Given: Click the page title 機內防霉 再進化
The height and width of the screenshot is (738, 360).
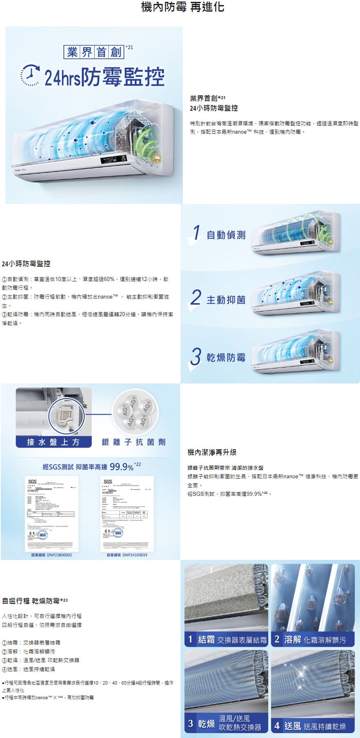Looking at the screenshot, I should [x=182, y=7].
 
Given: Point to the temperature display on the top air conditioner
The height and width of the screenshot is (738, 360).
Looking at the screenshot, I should [x=123, y=158].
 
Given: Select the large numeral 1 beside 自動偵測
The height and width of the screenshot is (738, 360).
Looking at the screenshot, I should [x=197, y=233].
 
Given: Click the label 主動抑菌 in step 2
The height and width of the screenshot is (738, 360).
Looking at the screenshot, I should [x=226, y=300].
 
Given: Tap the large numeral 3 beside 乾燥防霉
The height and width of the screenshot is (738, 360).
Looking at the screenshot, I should [x=196, y=357].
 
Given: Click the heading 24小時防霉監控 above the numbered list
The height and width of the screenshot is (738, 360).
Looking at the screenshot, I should [x=26, y=264].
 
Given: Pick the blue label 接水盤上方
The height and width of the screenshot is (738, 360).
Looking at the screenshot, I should [x=53, y=442].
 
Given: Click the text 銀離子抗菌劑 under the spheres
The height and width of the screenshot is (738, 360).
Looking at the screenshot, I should [x=133, y=442].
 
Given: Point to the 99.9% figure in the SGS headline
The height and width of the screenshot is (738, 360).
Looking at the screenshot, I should [x=122, y=467].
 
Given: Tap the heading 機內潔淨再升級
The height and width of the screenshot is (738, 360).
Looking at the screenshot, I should [x=212, y=452].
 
